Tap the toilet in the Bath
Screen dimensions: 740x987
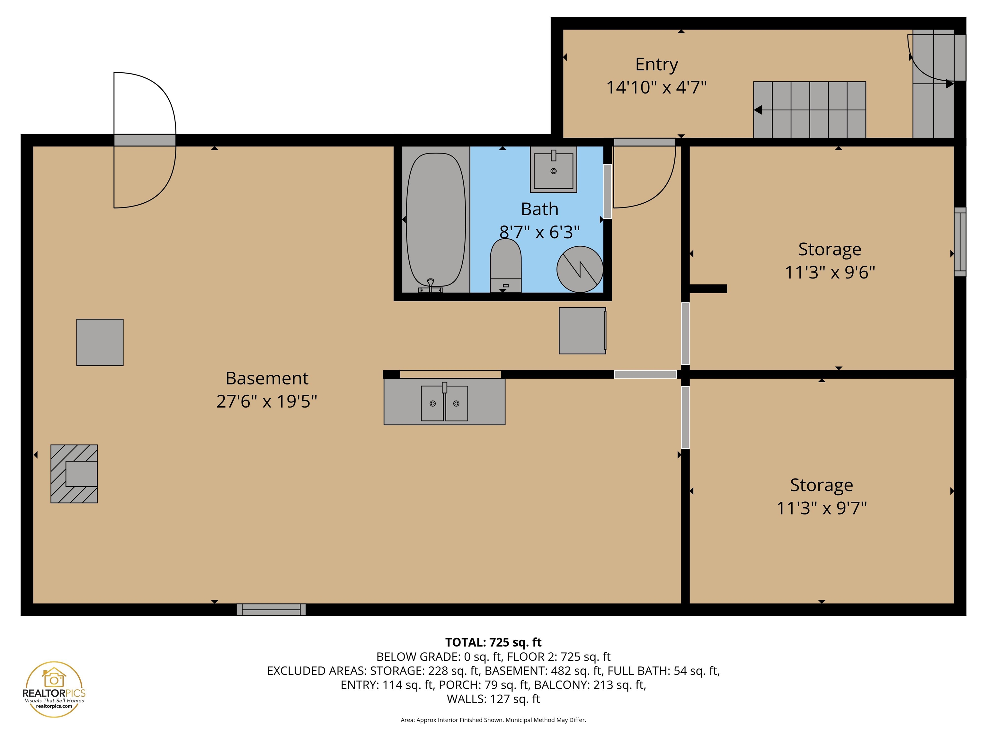coord(505,266)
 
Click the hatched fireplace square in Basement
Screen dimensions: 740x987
coord(74,474)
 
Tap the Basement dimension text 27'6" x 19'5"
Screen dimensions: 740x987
coord(266,401)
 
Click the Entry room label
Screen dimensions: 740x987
coord(656,65)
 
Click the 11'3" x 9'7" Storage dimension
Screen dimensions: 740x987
coord(822,508)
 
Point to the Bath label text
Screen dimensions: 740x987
coord(539,209)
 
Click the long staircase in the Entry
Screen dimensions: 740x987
coord(809,110)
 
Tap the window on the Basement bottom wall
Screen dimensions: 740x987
coord(271,610)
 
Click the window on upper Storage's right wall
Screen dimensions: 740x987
coord(960,242)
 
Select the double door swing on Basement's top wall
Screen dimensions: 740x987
coord(145,140)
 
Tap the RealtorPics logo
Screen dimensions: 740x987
coord(54,689)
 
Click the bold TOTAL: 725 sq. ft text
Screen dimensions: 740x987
coord(493,642)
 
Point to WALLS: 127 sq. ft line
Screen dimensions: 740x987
coord(493,699)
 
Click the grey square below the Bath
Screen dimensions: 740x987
coord(582,330)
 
